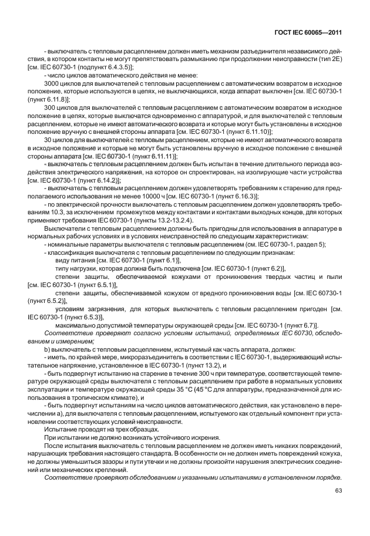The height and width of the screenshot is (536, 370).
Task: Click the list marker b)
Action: (x=48, y=348)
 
